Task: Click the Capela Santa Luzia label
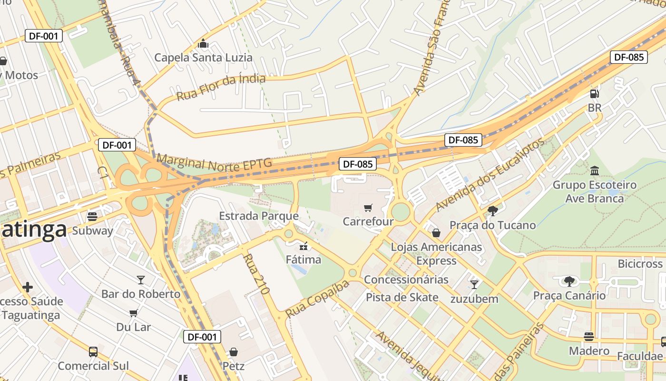(203, 58)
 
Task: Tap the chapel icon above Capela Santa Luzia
(203, 44)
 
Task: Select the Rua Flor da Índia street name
(221, 87)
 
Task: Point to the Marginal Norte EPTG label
(214, 162)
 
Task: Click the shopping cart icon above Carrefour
(368, 208)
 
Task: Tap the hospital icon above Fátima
(304, 246)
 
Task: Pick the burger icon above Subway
(92, 217)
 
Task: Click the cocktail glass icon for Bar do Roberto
(141, 280)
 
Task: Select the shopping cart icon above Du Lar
(134, 313)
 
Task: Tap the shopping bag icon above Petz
(234, 352)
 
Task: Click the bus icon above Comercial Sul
(93, 352)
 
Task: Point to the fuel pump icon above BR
(594, 94)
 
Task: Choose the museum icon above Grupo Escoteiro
(594, 170)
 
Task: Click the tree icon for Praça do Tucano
(493, 211)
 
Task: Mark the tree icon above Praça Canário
(569, 281)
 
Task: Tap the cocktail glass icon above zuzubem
(474, 284)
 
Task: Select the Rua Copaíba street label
(317, 299)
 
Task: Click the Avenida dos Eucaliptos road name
(490, 175)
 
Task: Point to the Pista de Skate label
(402, 297)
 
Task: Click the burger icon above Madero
(589, 337)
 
